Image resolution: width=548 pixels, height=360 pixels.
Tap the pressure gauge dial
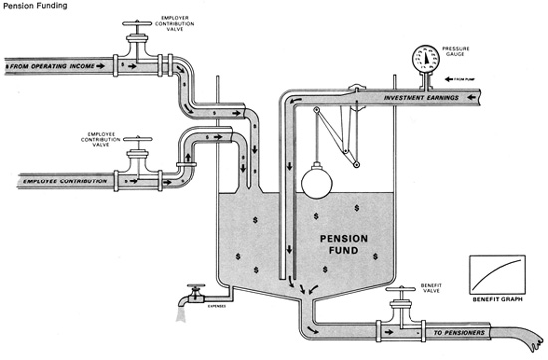425,57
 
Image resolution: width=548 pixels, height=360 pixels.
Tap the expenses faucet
191,294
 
